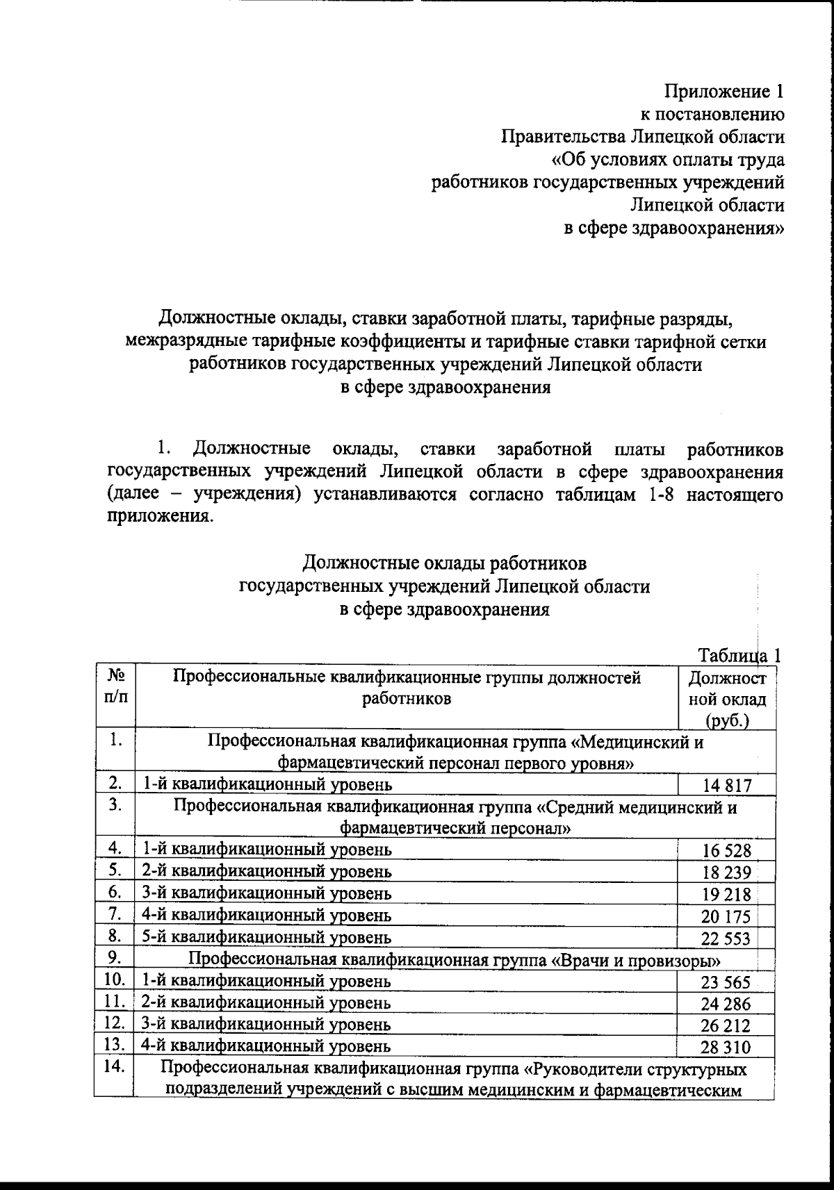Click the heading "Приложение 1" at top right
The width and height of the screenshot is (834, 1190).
click(725, 92)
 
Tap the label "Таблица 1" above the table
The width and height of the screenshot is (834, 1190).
click(740, 655)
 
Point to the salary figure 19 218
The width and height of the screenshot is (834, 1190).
click(726, 895)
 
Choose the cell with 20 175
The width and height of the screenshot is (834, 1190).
click(726, 917)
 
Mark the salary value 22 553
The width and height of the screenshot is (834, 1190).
click(726, 939)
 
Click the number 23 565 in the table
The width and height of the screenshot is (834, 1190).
click(726, 982)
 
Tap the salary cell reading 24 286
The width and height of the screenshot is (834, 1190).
click(726, 1004)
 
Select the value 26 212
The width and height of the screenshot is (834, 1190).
click(726, 1026)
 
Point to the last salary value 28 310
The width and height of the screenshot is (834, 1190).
click(726, 1048)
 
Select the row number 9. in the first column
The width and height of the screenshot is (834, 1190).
click(115, 958)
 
